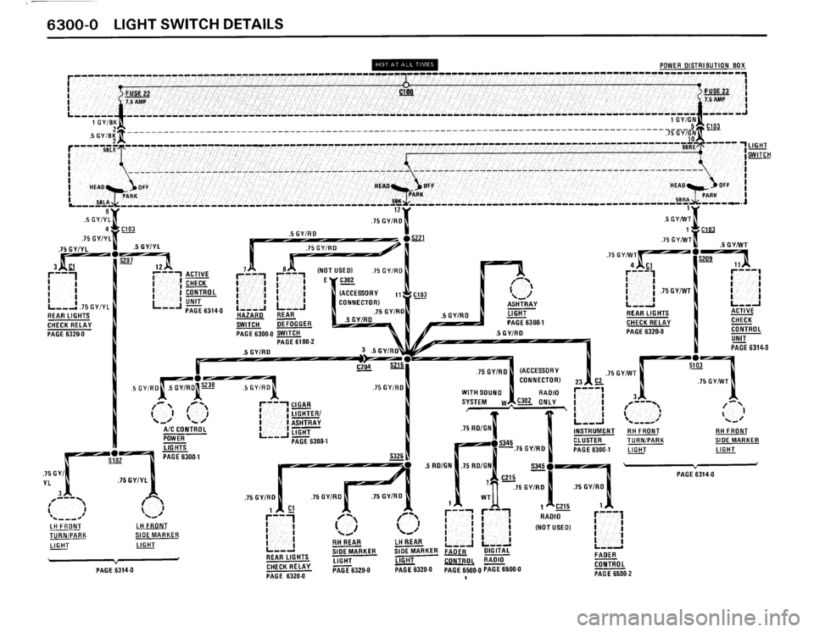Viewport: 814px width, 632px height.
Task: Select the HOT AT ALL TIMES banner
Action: (405, 63)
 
